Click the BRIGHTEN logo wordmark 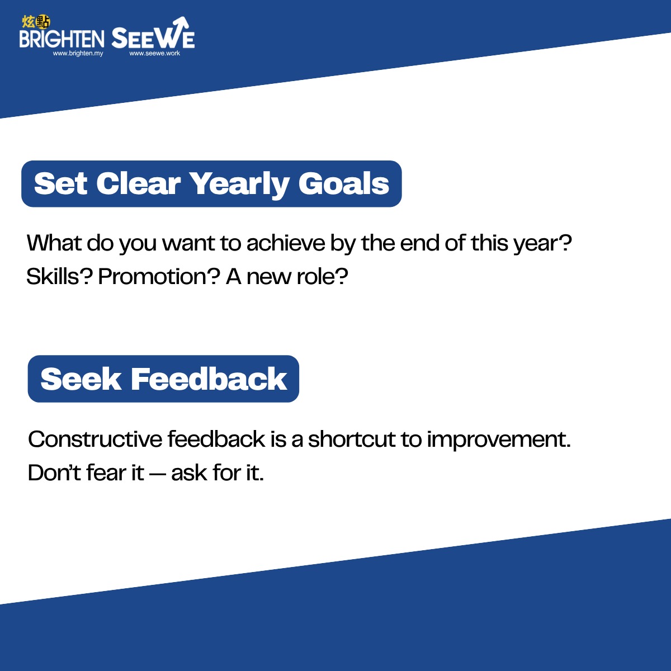(x=62, y=39)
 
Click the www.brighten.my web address (x=78, y=54)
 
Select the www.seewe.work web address (x=154, y=54)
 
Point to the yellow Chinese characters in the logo (x=36, y=22)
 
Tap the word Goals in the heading (x=344, y=183)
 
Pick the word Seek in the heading (x=81, y=379)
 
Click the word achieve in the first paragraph (x=286, y=243)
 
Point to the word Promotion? (x=159, y=276)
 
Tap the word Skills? (x=59, y=276)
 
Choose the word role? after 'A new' (x=322, y=276)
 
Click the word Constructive (x=95, y=439)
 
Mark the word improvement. (x=499, y=440)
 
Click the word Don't (x=55, y=472)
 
